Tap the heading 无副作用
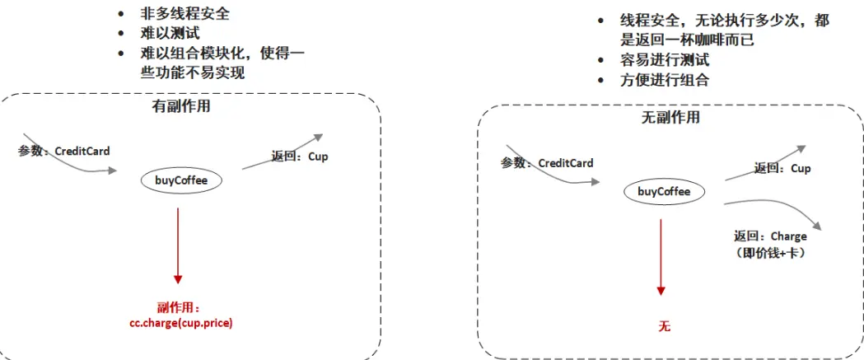670,117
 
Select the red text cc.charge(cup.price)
178,323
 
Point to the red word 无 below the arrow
664,326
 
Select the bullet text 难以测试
170,35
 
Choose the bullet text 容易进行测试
665,60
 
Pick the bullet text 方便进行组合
665,80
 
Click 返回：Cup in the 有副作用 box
299,157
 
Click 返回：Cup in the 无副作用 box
782,168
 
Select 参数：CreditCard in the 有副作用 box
64,152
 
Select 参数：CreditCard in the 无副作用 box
547,163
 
